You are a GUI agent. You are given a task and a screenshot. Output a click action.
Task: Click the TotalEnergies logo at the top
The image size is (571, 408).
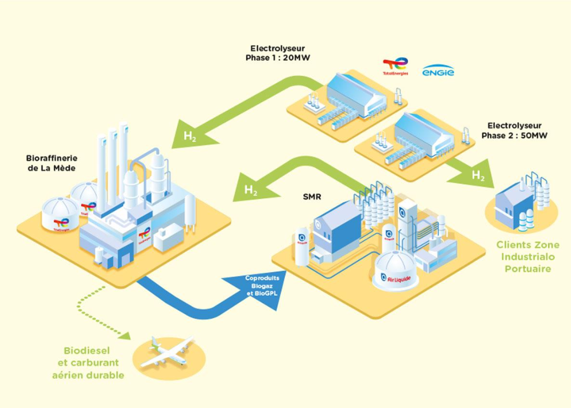click(x=395, y=66)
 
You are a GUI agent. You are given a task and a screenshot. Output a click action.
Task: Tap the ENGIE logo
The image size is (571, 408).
click(x=438, y=71)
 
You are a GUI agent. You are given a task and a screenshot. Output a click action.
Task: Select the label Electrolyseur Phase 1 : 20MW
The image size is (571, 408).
click(x=277, y=53)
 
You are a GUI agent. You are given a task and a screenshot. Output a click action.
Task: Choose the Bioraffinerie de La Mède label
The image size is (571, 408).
click(x=52, y=163)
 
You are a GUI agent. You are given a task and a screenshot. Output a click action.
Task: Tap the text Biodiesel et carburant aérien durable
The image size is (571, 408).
click(x=88, y=363)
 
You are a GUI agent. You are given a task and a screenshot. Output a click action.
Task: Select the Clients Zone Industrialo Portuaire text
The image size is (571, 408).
click(x=527, y=256)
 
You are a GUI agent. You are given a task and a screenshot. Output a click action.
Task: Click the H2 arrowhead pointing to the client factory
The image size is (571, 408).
click(x=477, y=175)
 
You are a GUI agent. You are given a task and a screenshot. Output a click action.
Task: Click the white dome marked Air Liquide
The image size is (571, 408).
click(x=395, y=270)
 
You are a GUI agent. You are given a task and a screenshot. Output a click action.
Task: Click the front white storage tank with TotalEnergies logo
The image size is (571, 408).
click(x=61, y=214)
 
